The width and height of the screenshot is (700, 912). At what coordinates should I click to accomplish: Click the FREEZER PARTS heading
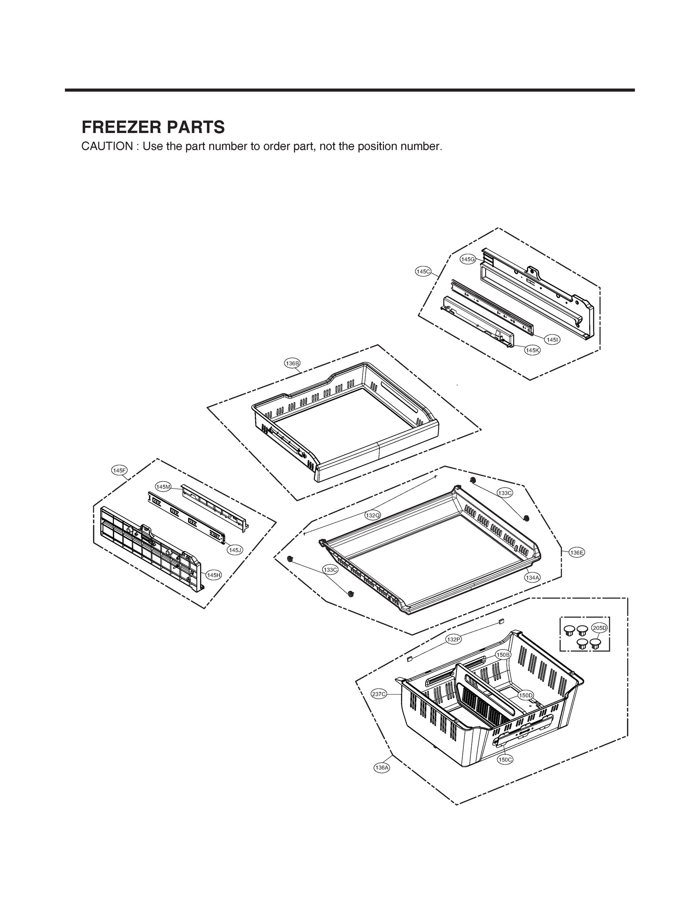click(153, 127)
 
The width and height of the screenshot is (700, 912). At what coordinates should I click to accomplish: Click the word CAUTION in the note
click(107, 147)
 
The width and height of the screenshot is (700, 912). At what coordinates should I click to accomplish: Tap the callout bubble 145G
click(468, 259)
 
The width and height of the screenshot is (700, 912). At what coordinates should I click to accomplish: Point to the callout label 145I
click(552, 340)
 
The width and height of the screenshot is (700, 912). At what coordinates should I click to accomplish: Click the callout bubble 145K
click(532, 350)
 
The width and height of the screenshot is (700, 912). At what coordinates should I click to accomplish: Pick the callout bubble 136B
click(292, 363)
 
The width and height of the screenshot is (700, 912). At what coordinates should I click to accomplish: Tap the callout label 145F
click(119, 470)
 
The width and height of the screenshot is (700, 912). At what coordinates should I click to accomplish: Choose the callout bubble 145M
click(163, 486)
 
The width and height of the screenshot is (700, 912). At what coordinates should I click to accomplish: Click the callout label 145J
click(235, 550)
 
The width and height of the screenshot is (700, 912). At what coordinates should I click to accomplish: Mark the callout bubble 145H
click(213, 575)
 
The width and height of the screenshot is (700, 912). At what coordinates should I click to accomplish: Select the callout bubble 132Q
click(373, 515)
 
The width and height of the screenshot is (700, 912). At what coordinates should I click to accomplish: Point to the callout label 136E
click(577, 553)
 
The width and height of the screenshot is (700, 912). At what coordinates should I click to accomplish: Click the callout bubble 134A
click(532, 578)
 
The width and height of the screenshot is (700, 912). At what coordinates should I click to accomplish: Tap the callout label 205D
click(600, 628)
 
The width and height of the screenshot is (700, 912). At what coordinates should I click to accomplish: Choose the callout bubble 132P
click(453, 639)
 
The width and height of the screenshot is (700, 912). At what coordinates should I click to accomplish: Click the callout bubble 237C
click(379, 693)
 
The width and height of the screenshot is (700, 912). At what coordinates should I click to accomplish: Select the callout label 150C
click(505, 760)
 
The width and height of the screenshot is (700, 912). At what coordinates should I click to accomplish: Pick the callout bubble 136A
click(382, 767)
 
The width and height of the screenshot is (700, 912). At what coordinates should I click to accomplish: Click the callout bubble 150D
click(525, 695)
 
